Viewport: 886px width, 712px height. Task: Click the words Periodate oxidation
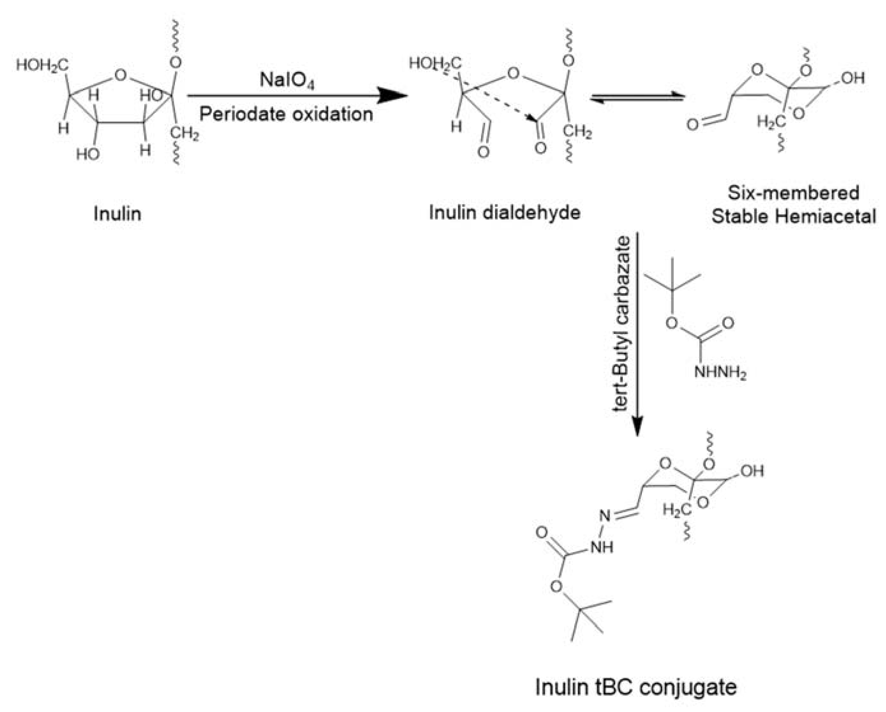pos(286,114)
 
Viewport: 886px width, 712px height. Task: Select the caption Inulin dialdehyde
pos(504,213)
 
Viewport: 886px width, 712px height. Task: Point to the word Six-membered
pos(793,193)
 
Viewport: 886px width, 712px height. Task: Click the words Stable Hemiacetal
pos(793,216)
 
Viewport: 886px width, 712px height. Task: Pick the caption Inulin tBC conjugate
pos(635,686)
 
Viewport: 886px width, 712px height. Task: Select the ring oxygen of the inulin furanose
pos(120,75)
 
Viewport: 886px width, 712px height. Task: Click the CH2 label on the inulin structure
pos(184,133)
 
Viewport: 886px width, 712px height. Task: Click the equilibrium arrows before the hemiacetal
pos(637,97)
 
